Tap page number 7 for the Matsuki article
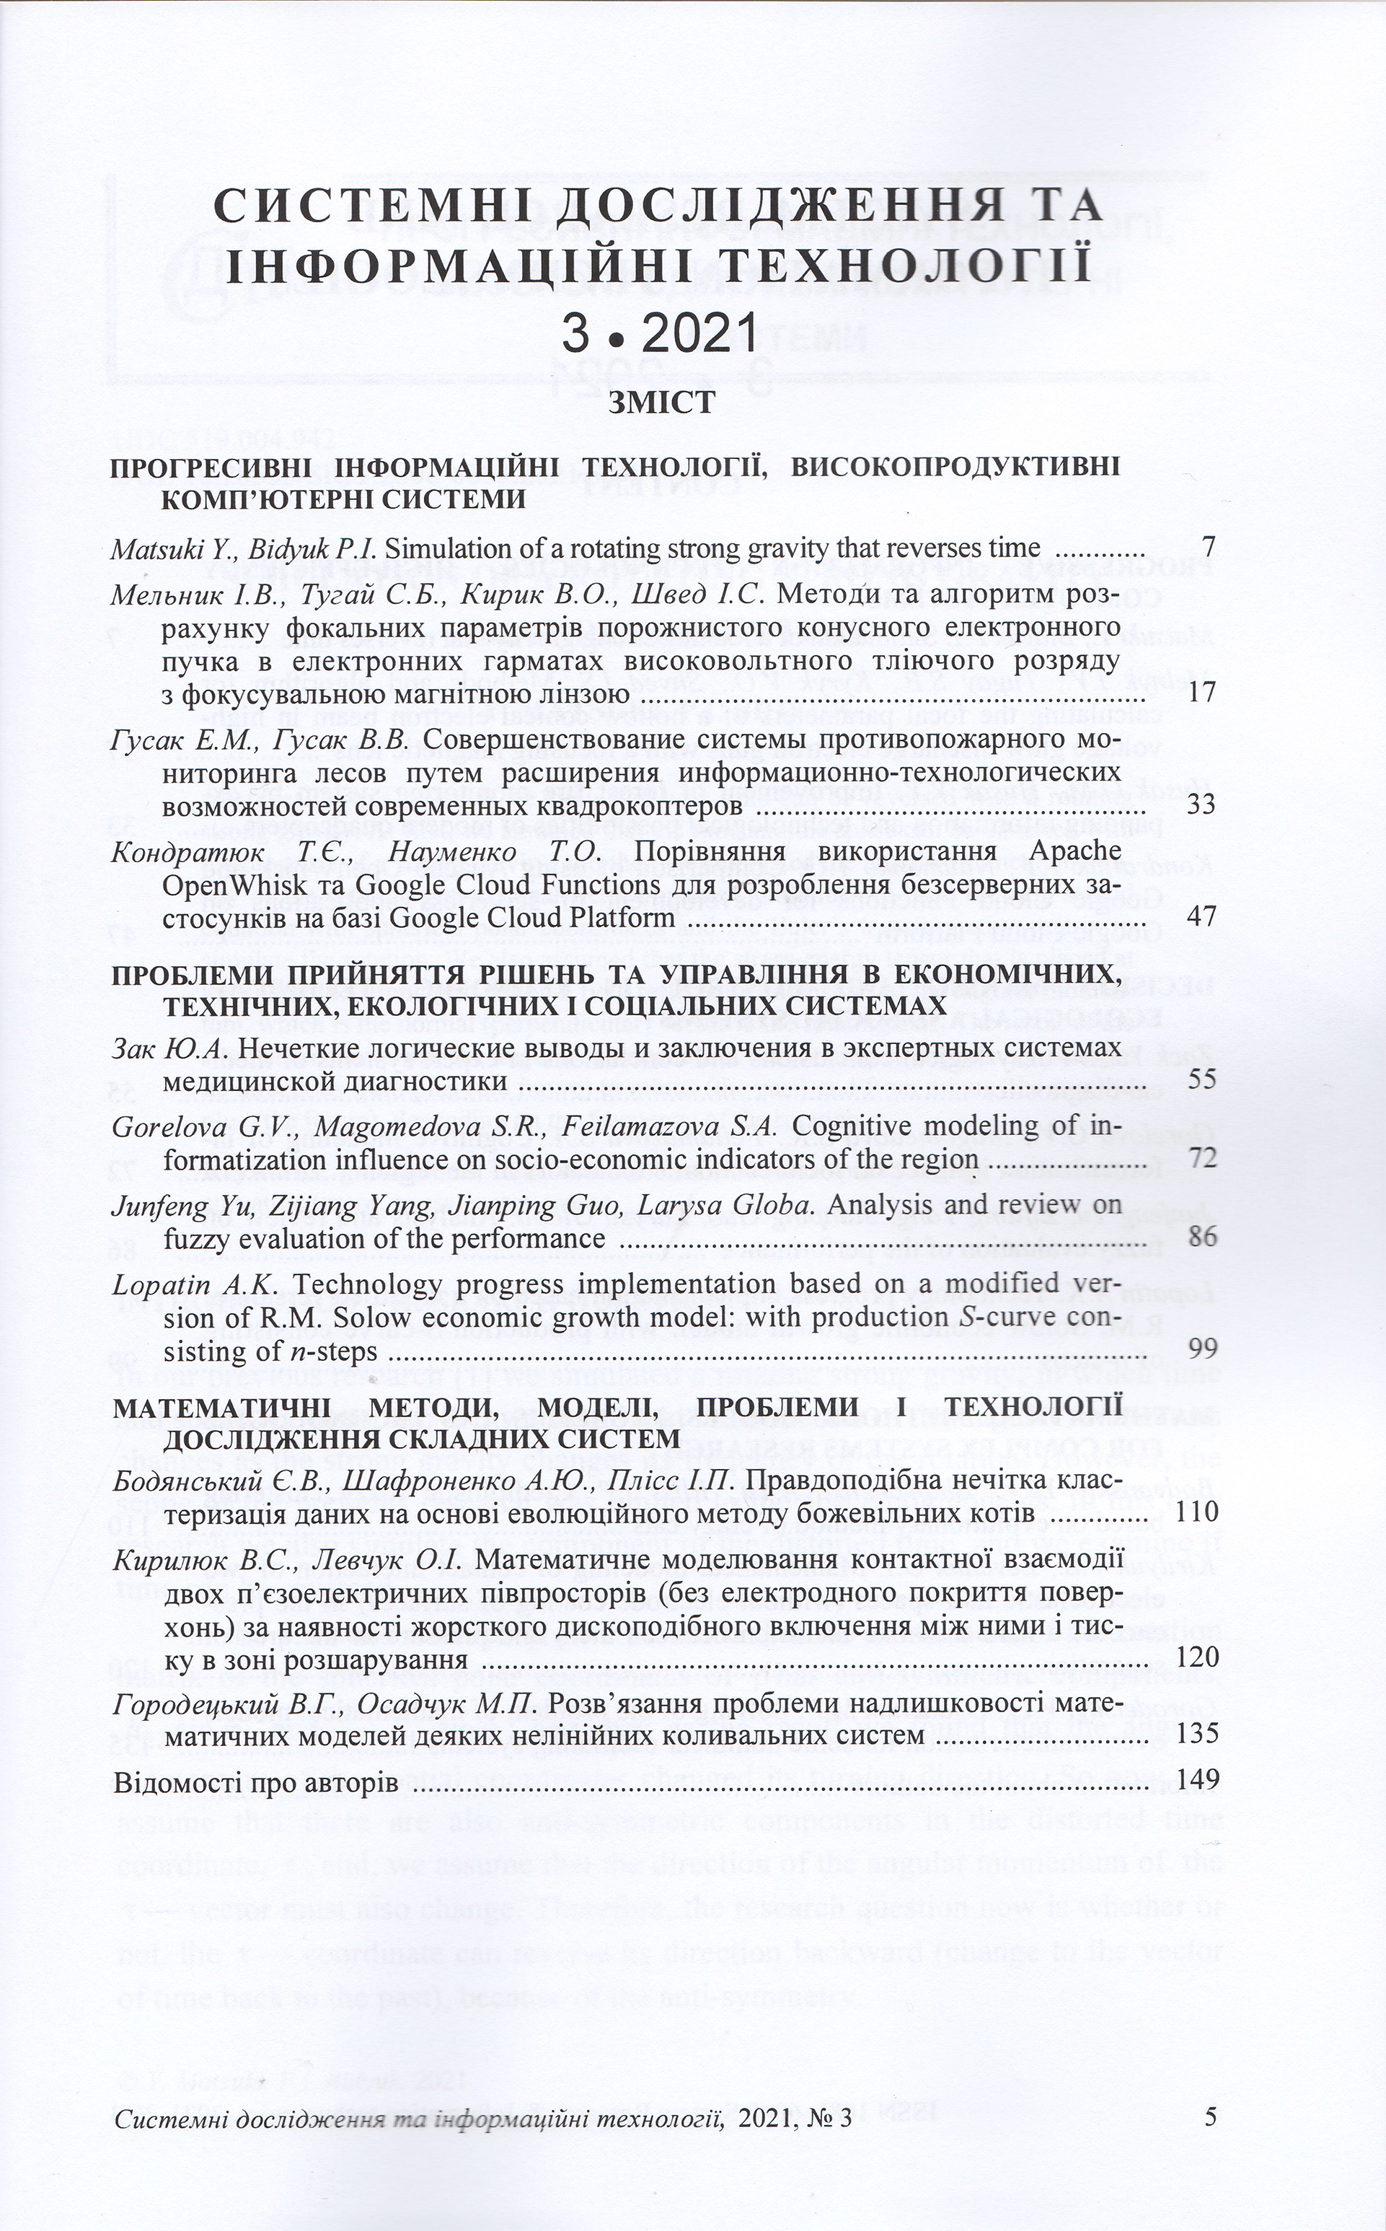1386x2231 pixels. (x=1208, y=549)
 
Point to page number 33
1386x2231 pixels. (x=1201, y=806)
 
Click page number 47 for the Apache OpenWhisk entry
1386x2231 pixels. (x=1201, y=918)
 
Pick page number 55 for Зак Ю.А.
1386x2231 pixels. (x=1201, y=1079)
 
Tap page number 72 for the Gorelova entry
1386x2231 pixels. (x=1201, y=1159)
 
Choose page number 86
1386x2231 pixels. (x=1201, y=1238)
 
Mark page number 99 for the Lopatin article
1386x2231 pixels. (x=1201, y=1350)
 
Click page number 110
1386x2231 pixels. (x=1196, y=1512)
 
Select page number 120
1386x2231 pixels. (x=1196, y=1658)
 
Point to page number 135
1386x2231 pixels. (x=1196, y=1736)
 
